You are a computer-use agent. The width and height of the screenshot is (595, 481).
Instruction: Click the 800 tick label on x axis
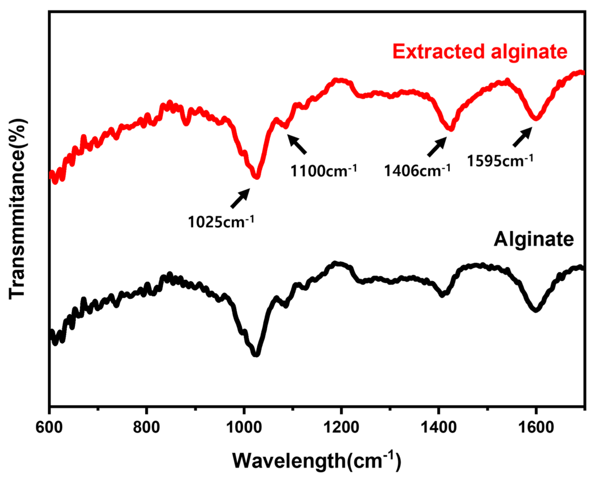[146, 427]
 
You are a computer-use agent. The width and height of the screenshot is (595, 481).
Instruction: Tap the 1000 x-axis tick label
[244, 427]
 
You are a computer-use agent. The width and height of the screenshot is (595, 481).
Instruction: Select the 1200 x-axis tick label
[341, 427]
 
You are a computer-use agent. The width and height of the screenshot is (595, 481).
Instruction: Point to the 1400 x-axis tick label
[439, 427]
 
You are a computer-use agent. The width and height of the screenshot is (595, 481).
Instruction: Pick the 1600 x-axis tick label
[536, 427]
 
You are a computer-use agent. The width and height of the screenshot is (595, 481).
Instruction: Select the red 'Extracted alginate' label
[480, 51]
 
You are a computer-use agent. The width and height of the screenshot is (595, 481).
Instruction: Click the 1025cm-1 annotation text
[221, 222]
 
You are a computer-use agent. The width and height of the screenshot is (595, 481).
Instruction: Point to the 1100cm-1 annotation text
[323, 171]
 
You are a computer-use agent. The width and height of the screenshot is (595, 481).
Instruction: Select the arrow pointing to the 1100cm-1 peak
[297, 144]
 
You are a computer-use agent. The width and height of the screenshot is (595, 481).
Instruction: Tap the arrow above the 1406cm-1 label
[437, 147]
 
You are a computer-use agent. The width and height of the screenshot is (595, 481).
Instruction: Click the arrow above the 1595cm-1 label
[523, 137]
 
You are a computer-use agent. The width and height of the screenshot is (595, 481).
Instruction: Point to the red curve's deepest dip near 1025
[257, 176]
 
